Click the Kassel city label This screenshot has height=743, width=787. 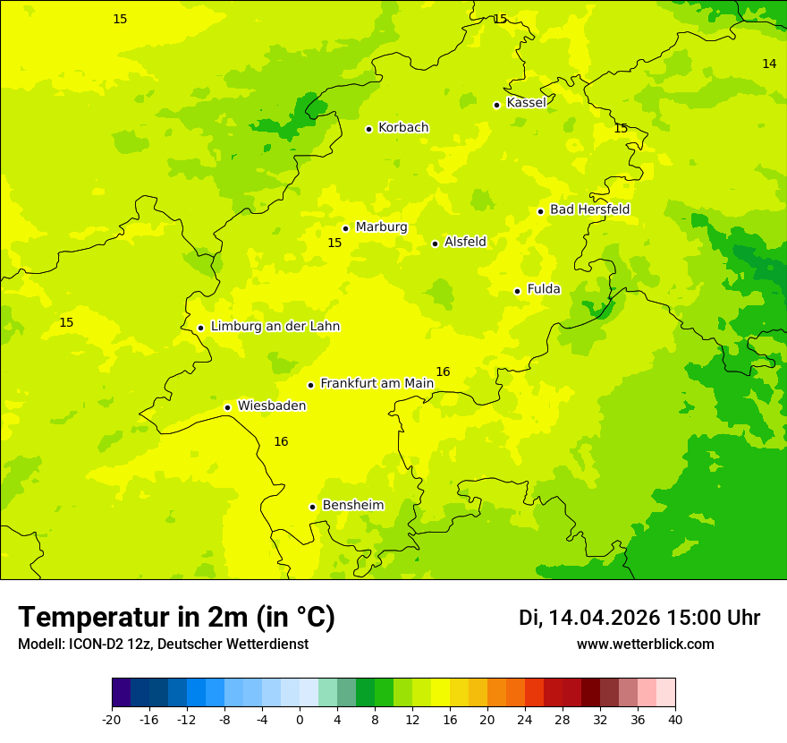[526, 103]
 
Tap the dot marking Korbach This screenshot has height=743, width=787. [368, 129]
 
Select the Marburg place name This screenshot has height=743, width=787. [381, 227]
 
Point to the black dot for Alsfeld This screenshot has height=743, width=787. [435, 243]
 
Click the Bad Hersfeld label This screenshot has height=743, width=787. [589, 209]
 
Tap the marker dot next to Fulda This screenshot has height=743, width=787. [517, 291]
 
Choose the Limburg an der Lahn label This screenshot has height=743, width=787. [275, 327]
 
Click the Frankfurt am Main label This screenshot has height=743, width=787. [377, 383]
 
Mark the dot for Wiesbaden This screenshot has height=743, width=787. [227, 407]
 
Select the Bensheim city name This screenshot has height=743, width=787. [352, 505]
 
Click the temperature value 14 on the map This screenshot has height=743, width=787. [769, 64]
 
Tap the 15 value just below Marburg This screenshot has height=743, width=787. [334, 243]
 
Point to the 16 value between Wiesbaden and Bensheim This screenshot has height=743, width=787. [281, 441]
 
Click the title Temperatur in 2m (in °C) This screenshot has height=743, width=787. [176, 618]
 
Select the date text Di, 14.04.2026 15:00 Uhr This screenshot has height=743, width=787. [639, 618]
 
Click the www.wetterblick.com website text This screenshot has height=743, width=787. [645, 645]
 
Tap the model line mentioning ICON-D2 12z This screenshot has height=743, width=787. [163, 645]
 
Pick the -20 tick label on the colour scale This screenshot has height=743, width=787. [111, 720]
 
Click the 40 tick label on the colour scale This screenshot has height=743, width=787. [675, 720]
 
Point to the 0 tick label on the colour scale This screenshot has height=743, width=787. [300, 720]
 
